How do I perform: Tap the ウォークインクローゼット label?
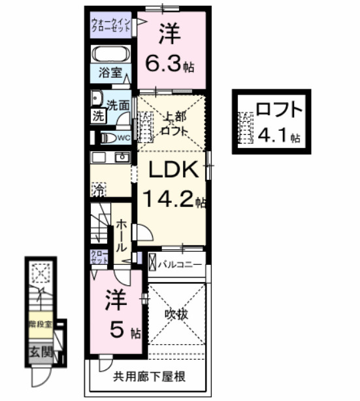[112, 26]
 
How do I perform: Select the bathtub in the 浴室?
[110, 54]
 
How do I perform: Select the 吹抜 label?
[177, 315]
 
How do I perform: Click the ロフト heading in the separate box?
[279, 109]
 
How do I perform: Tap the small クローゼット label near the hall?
[99, 257]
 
